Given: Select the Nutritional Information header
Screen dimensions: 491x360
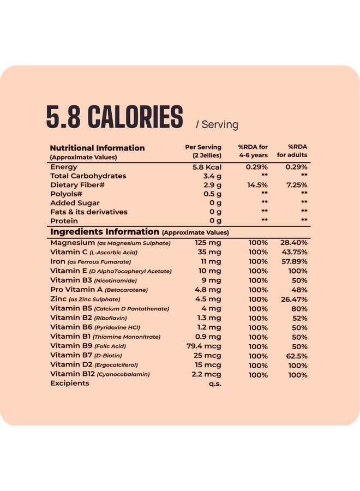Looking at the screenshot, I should click(97, 148).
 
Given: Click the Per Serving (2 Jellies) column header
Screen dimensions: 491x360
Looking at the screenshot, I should click(203, 151).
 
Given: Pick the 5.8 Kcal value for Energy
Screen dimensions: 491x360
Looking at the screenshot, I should click(207, 167).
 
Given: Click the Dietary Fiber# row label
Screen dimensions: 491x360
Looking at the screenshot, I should click(77, 185).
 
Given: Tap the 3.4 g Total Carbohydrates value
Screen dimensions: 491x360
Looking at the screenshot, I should click(212, 176).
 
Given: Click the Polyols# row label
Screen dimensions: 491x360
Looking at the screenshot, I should click(66, 194).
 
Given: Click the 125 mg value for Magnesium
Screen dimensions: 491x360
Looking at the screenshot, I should click(208, 242).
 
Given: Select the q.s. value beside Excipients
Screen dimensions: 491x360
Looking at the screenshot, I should click(214, 384).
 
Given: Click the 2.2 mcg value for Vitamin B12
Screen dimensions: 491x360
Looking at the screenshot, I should click(207, 374).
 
